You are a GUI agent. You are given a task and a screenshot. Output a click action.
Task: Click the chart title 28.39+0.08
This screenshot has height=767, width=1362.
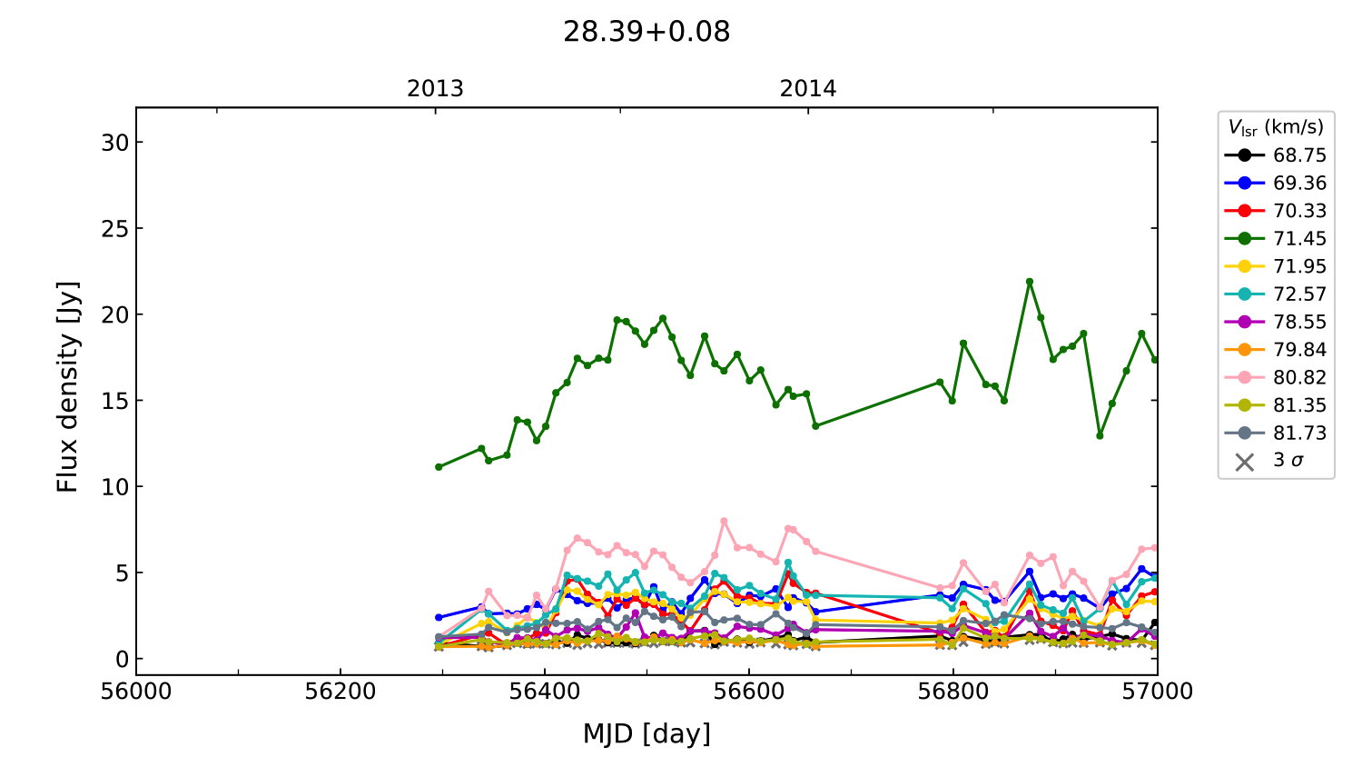pos(646,32)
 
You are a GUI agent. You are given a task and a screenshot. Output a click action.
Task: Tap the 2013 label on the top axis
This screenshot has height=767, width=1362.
pos(435,89)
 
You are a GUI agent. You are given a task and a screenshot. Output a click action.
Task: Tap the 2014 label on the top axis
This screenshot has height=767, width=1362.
pos(807,89)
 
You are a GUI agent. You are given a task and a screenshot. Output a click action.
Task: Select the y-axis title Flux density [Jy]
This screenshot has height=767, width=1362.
pos(68,387)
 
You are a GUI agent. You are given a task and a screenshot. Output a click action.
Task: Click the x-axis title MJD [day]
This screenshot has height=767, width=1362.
pos(646,733)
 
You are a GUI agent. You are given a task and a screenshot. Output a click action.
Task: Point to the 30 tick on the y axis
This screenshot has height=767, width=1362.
pos(116,143)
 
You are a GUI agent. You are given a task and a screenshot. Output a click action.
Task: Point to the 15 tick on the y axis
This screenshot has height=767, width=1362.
pos(116,401)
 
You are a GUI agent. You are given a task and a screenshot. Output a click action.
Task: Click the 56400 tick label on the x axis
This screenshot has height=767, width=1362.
pos(545,692)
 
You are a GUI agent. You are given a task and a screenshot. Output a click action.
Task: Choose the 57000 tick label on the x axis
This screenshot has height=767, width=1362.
pos(1157,692)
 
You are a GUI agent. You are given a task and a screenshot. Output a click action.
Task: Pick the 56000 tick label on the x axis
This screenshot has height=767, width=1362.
pos(136,692)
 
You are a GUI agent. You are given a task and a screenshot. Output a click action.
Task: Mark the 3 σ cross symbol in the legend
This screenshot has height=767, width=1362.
pos(1245,462)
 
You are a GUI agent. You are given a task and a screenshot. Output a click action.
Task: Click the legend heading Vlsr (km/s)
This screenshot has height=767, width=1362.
pos(1276,127)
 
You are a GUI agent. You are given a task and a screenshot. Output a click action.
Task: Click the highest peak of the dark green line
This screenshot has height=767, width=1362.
pos(1030,282)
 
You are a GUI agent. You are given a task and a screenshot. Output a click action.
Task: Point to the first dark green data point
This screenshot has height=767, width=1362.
pos(439,467)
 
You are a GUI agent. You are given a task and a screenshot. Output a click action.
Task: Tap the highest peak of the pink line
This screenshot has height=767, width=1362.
pos(724,522)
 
